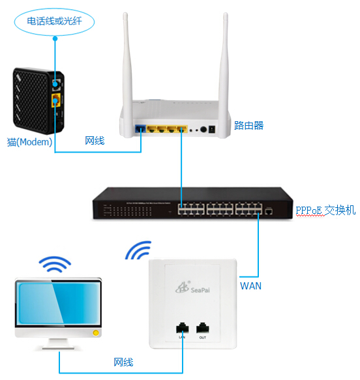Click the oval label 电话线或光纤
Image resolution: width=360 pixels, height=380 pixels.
pyautogui.click(x=54, y=22)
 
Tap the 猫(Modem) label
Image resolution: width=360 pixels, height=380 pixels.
pyautogui.click(x=29, y=142)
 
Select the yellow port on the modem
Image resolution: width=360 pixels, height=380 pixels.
pyautogui.click(x=55, y=100)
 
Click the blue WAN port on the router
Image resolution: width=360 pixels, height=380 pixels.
pyautogui.click(x=140, y=128)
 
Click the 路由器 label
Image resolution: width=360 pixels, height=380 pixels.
pyautogui.click(x=248, y=125)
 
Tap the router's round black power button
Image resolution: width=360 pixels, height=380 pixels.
pyautogui.click(x=203, y=130)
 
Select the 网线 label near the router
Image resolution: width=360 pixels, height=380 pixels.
pyautogui.click(x=95, y=141)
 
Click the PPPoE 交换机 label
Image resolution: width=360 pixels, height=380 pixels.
pyautogui.click(x=325, y=210)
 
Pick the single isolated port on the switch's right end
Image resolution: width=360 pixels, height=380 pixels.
pyautogui.click(x=268, y=211)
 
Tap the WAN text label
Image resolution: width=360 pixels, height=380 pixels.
pyautogui.click(x=250, y=286)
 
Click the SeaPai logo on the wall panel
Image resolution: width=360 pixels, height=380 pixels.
pyautogui.click(x=193, y=287)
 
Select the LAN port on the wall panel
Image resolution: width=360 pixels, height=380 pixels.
pyautogui.click(x=183, y=328)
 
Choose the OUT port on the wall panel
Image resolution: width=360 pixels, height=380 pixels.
pyautogui.click(x=202, y=328)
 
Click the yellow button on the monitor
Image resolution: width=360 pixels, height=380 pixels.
pyautogui.click(x=96, y=333)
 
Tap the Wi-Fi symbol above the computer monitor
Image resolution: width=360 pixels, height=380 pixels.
pyautogui.click(x=55, y=264)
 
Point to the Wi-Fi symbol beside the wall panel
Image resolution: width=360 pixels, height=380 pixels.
pyautogui.click(x=138, y=250)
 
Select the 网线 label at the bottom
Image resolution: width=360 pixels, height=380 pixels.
pyautogui.click(x=123, y=362)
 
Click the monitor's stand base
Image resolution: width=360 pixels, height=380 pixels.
pyautogui.click(x=59, y=347)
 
